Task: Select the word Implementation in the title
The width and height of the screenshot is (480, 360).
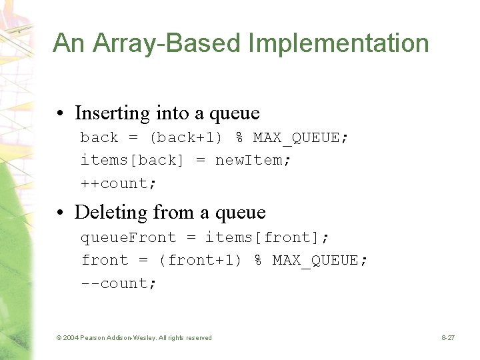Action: tap(339, 44)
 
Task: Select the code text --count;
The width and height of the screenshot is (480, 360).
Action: tap(119, 283)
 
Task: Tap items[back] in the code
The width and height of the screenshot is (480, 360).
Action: tap(133, 161)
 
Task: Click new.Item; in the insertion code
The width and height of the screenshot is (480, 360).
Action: tap(253, 161)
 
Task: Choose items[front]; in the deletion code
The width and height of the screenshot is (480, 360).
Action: tap(267, 238)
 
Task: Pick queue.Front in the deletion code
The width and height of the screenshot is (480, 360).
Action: tap(129, 238)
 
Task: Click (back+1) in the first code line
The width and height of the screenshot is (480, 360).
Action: tap(186, 138)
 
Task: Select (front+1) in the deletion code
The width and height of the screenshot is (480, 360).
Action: tap(200, 261)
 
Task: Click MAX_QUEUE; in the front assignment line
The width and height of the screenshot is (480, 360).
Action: tap(320, 261)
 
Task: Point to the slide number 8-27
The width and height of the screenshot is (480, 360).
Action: tap(447, 338)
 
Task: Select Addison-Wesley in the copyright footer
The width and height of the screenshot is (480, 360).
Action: tap(135, 338)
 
